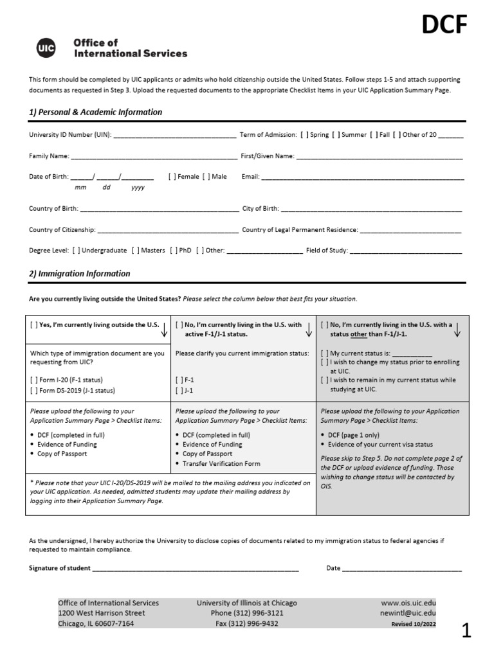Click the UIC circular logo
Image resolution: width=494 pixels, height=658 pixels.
tap(46, 48)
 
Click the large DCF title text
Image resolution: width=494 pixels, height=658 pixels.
tap(444, 26)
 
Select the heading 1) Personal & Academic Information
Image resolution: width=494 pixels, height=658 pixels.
tap(95, 112)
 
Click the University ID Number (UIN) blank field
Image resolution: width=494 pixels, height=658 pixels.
tap(174, 136)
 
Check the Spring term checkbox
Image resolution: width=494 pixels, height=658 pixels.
tap(303, 136)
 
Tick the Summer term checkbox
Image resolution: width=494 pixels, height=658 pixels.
tap(335, 136)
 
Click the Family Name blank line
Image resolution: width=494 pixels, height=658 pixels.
tap(153, 156)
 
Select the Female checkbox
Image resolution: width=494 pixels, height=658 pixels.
tap(172, 177)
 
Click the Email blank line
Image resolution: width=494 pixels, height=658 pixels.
tap(362, 177)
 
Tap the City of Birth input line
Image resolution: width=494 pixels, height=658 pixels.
tap(371, 209)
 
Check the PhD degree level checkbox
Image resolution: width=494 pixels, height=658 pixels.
tap(174, 251)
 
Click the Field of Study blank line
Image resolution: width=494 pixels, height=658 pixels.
tap(405, 251)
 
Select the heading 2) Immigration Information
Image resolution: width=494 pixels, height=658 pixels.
tap(80, 274)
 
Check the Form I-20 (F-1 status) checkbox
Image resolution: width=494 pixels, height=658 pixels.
tap(33, 380)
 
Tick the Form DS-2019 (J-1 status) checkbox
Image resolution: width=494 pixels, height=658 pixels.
tap(33, 391)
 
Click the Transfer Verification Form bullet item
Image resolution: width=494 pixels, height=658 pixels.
tap(221, 463)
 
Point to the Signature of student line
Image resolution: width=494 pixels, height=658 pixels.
tap(196, 569)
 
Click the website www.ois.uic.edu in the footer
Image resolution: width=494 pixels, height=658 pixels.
tap(408, 603)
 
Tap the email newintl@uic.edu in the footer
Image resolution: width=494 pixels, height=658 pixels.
tap(408, 614)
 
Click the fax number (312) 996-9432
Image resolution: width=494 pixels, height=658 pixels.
tap(247, 624)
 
